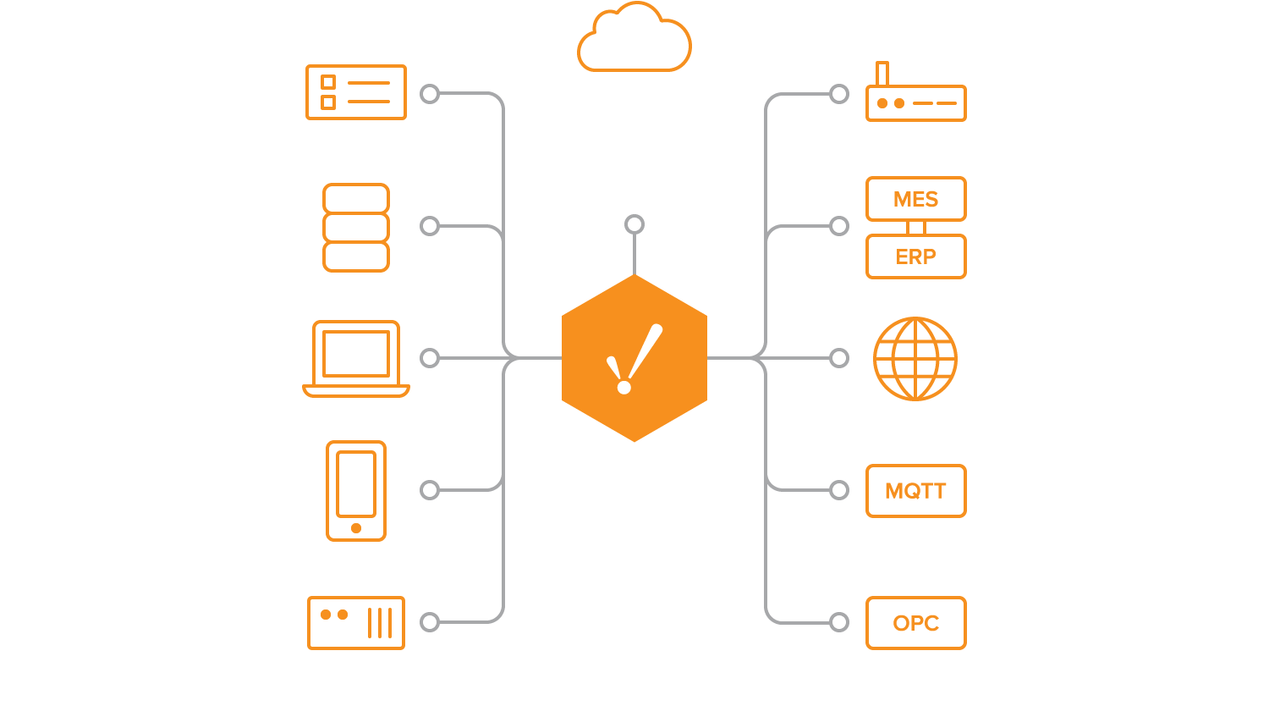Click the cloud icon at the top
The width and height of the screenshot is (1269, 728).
click(634, 41)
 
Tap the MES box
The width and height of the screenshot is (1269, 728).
click(916, 199)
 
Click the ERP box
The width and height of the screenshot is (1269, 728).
click(916, 256)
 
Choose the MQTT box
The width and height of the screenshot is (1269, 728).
click(916, 491)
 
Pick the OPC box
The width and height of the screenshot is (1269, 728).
click(916, 623)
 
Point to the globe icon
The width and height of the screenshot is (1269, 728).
click(915, 358)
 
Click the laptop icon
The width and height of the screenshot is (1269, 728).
click(356, 358)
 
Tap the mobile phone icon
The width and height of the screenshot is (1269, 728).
click(356, 490)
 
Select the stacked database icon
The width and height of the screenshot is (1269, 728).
click(356, 227)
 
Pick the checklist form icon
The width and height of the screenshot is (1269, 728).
click(356, 92)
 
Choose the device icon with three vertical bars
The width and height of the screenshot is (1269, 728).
click(356, 623)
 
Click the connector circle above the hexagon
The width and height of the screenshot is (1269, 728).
click(634, 224)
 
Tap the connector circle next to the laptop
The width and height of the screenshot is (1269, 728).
click(430, 358)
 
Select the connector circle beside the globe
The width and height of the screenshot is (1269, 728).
click(839, 358)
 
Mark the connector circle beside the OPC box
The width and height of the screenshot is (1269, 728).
click(839, 623)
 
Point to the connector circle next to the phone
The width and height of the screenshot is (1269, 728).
click(430, 490)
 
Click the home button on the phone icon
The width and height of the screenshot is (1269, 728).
click(356, 528)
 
